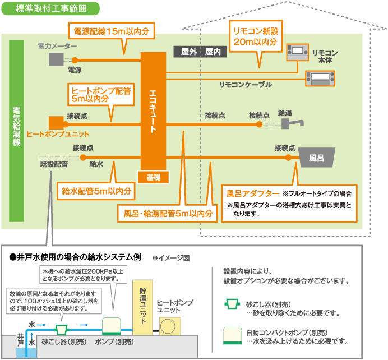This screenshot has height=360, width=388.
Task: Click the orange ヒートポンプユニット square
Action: coord(56,122)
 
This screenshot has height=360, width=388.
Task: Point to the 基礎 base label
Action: coord(154,177)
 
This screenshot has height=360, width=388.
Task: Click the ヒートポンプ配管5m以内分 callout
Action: coord(100,94)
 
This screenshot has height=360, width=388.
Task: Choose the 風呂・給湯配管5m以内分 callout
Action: coord(167,213)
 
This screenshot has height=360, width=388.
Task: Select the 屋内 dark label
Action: coord(213,51)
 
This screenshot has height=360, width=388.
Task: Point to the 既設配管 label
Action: coord(54,164)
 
